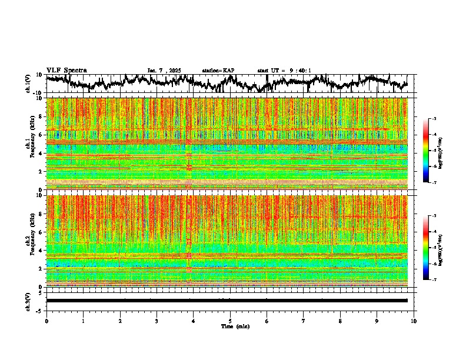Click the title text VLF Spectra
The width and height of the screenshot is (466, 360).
tap(66, 71)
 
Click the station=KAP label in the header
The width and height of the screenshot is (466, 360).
tap(218, 71)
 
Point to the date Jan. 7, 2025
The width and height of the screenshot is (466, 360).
tap(165, 71)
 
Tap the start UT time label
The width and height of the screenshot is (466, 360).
tap(284, 71)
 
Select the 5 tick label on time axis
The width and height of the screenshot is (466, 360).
tap(230, 321)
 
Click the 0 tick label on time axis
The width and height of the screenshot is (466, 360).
tap(46, 321)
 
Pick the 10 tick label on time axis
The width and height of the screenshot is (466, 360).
tap(414, 321)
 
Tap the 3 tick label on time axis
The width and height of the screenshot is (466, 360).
tap(157, 321)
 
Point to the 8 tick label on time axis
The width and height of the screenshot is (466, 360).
tap(340, 321)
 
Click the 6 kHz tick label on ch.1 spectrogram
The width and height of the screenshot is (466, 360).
tap(41, 135)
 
